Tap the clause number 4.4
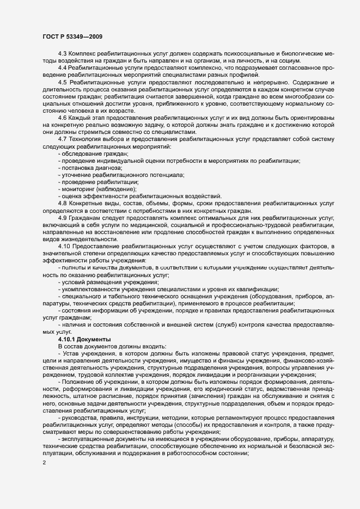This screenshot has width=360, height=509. pos(62,67)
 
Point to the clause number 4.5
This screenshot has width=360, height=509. pos(62,81)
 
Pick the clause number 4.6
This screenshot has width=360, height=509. pos(62,118)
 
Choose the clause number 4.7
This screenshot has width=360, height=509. pos(62,139)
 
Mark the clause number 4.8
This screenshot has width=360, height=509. pos(62,203)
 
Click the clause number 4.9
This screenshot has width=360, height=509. pos(62,218)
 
